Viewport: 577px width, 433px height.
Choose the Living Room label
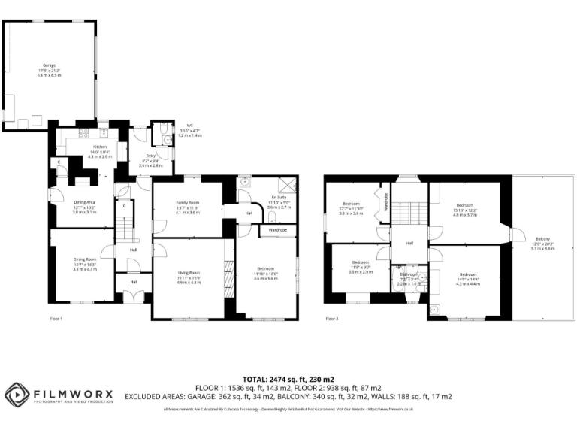pyautogui.click(x=188, y=277)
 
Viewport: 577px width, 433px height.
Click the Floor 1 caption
pyautogui.click(x=56, y=319)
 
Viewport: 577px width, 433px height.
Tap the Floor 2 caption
pyautogui.click(x=333, y=319)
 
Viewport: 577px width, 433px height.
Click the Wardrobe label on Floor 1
pyautogui.click(x=278, y=230)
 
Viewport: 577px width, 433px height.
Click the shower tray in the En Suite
pyautogui.click(x=286, y=185)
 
